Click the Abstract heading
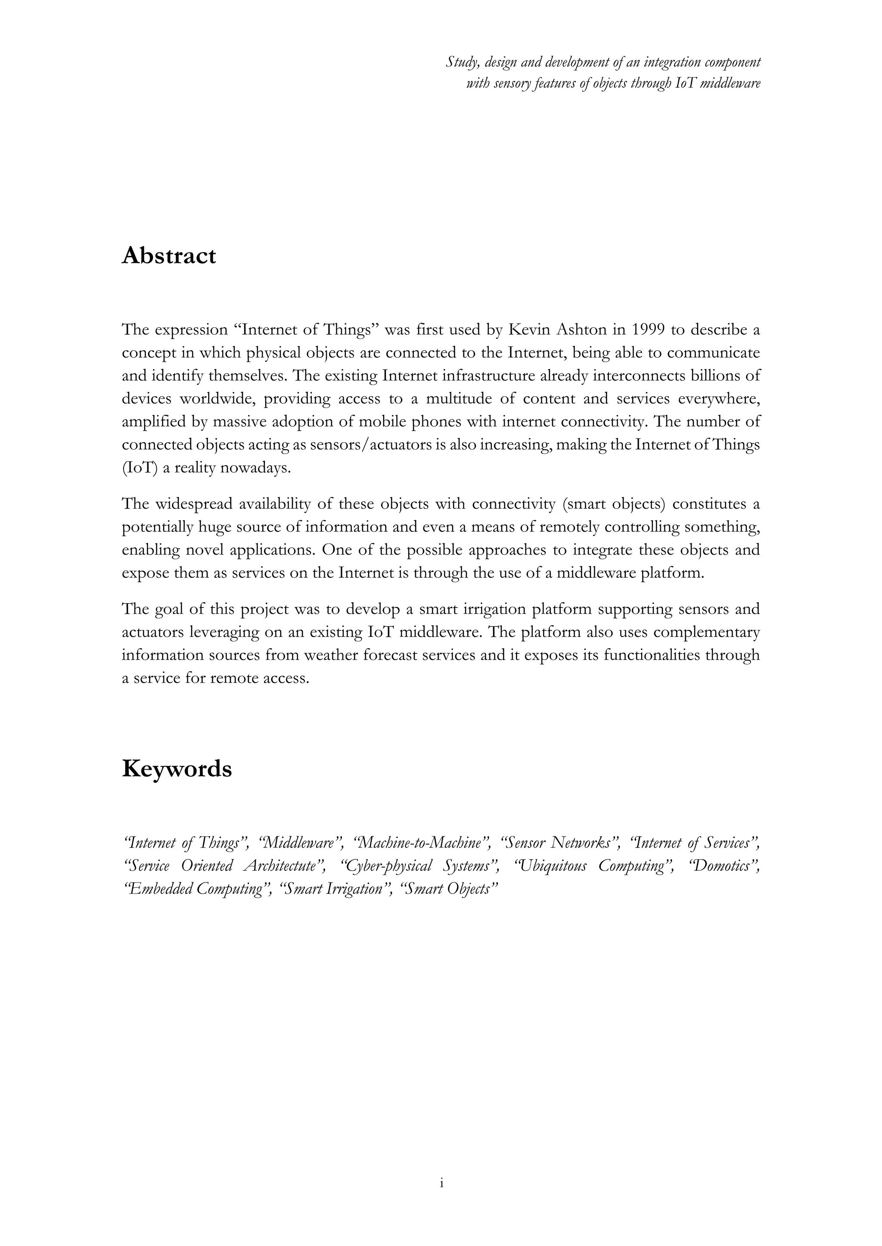click(168, 256)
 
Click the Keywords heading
click(177, 769)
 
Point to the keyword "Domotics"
click(724, 866)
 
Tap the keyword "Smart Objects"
click(449, 889)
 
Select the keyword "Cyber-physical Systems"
click(419, 866)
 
